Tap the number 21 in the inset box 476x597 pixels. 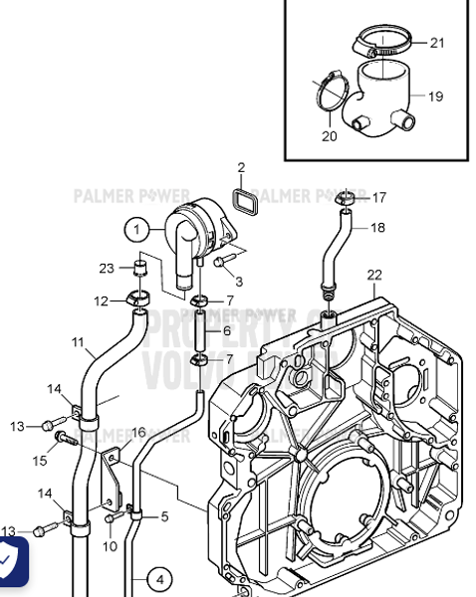[x=438, y=43]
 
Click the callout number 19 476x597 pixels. [x=435, y=97]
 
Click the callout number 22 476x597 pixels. [x=373, y=275]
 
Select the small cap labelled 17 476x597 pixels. [x=346, y=199]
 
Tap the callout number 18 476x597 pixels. [x=377, y=227]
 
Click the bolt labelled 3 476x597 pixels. [x=220, y=261]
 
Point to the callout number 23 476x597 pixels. [x=108, y=268]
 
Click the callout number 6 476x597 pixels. [x=227, y=330]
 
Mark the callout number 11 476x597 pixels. [x=78, y=342]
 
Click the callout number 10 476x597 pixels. [x=110, y=546]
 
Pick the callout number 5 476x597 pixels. [x=164, y=516]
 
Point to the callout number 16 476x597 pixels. [x=138, y=432]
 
